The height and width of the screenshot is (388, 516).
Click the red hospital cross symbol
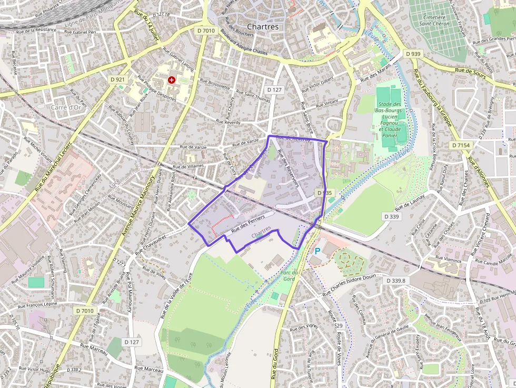point(171,79)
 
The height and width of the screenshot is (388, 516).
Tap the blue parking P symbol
point(317,252)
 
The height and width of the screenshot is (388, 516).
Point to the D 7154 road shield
point(461,145)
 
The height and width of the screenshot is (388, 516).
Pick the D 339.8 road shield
point(396,281)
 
